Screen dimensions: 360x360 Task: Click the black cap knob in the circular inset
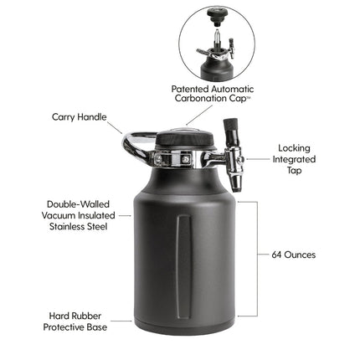[219, 16]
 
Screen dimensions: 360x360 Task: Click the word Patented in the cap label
[192, 88]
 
